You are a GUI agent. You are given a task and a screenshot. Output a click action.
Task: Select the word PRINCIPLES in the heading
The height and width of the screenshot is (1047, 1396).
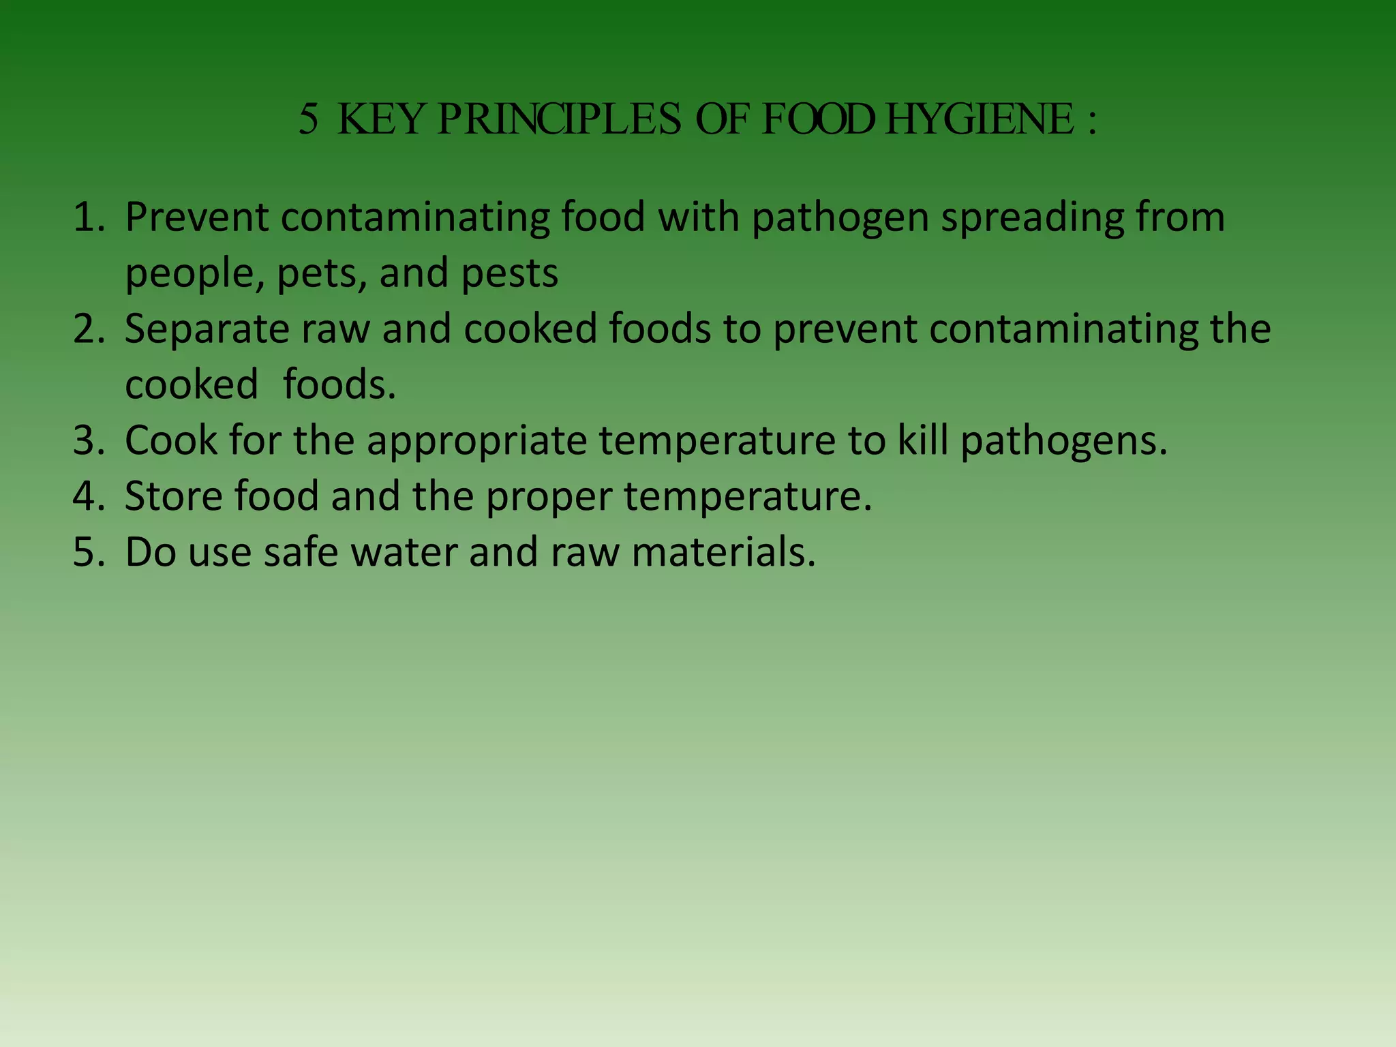(x=559, y=120)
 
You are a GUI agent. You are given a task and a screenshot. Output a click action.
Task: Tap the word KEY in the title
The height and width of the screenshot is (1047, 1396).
(x=380, y=120)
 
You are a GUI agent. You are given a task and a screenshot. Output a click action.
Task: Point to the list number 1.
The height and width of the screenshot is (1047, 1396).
(x=89, y=217)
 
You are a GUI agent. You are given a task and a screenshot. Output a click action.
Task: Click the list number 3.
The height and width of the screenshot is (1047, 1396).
(x=89, y=441)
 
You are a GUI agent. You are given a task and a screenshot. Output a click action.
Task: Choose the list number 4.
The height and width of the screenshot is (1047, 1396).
(x=89, y=496)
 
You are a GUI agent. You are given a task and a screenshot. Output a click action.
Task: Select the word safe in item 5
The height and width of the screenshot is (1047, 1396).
(x=301, y=552)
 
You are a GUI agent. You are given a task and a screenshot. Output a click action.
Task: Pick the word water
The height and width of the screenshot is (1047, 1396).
(x=404, y=552)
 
